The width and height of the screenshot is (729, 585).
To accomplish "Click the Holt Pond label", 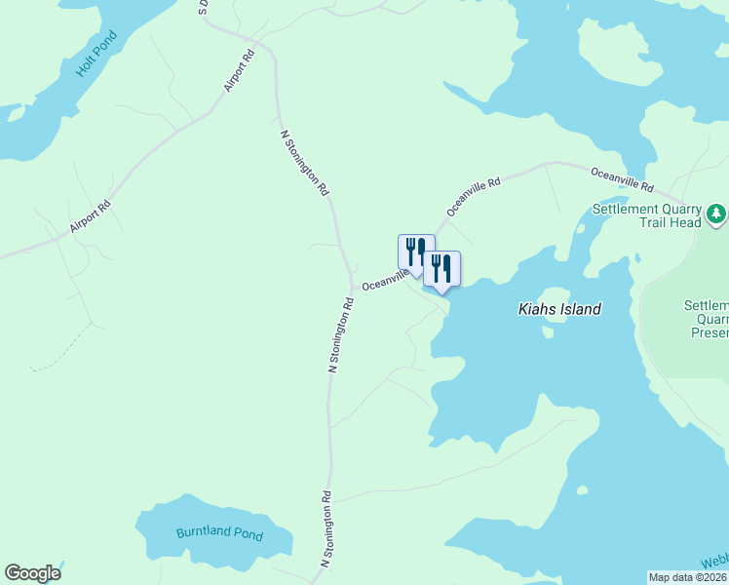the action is click(96, 56).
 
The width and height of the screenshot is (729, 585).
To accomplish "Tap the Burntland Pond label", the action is click(219, 533).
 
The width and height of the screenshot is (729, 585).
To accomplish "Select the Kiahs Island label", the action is click(558, 309).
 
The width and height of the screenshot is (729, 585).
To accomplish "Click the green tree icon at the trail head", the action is click(716, 212).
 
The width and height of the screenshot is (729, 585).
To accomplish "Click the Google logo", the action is click(32, 573).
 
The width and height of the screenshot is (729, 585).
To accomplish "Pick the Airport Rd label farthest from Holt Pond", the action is click(91, 216).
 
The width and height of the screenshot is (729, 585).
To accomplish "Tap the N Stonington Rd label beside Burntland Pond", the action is click(328, 529).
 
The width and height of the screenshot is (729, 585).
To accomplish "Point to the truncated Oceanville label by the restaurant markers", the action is click(382, 281).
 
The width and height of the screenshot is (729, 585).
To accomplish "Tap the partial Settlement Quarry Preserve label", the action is click(706, 319).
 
